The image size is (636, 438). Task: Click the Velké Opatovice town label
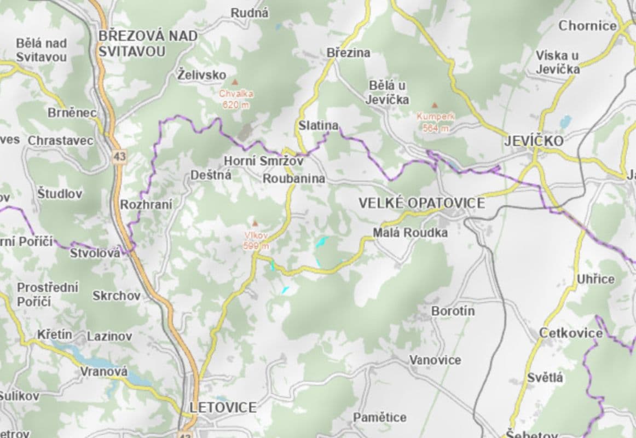tap(421, 203)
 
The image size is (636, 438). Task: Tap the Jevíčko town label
tap(534, 141)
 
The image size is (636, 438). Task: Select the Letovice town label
tap(223, 407)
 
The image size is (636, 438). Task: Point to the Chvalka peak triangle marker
tap(235, 82)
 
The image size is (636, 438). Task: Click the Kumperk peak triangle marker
tap(435, 105)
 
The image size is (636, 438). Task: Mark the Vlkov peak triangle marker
tap(255, 223)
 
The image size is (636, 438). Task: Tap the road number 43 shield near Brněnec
tap(120, 157)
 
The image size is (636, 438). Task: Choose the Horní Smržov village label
tap(263, 161)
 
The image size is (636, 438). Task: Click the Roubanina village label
tap(294, 179)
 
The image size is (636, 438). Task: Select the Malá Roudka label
tap(410, 233)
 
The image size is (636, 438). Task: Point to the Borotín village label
tap(453, 311)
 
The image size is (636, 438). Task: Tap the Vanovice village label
tap(435, 360)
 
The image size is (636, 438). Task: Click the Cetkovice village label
tap(571, 333)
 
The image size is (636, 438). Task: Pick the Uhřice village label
tap(595, 279)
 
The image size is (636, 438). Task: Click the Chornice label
tap(587, 26)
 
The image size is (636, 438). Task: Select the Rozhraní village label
tap(146, 205)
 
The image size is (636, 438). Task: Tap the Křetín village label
tap(54, 335)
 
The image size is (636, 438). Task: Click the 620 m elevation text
tap(236, 105)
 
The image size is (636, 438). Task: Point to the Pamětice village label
tap(380, 417)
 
